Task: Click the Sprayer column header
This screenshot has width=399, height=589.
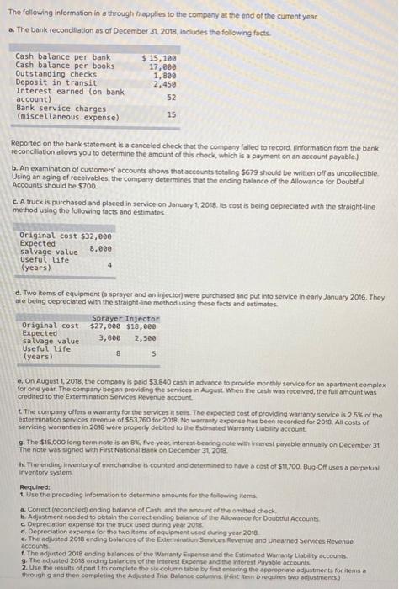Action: click(106, 319)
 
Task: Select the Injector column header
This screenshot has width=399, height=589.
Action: click(142, 319)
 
